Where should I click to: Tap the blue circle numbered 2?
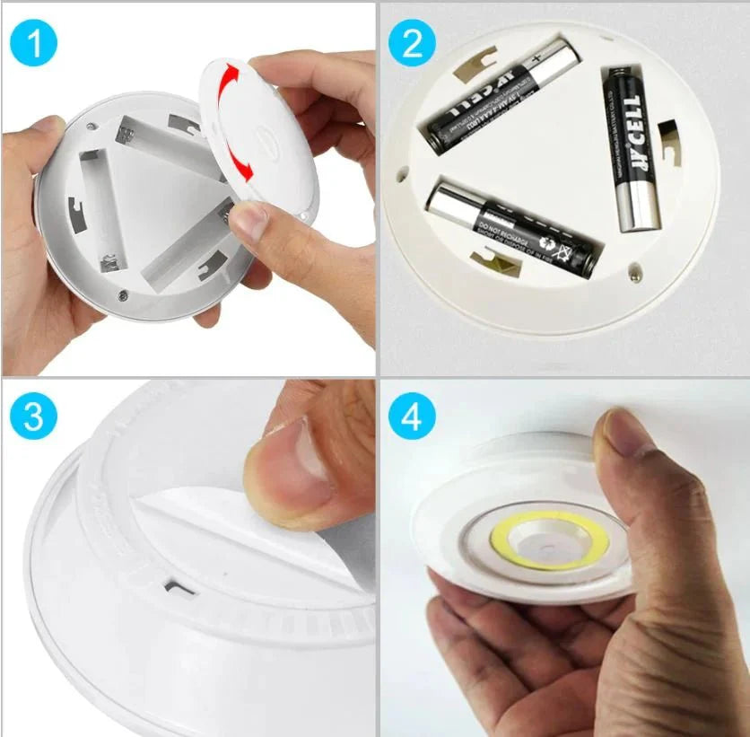pyautogui.click(x=412, y=42)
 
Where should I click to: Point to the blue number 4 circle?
pyautogui.click(x=412, y=417)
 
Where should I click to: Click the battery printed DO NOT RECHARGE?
pyautogui.click(x=511, y=228)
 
